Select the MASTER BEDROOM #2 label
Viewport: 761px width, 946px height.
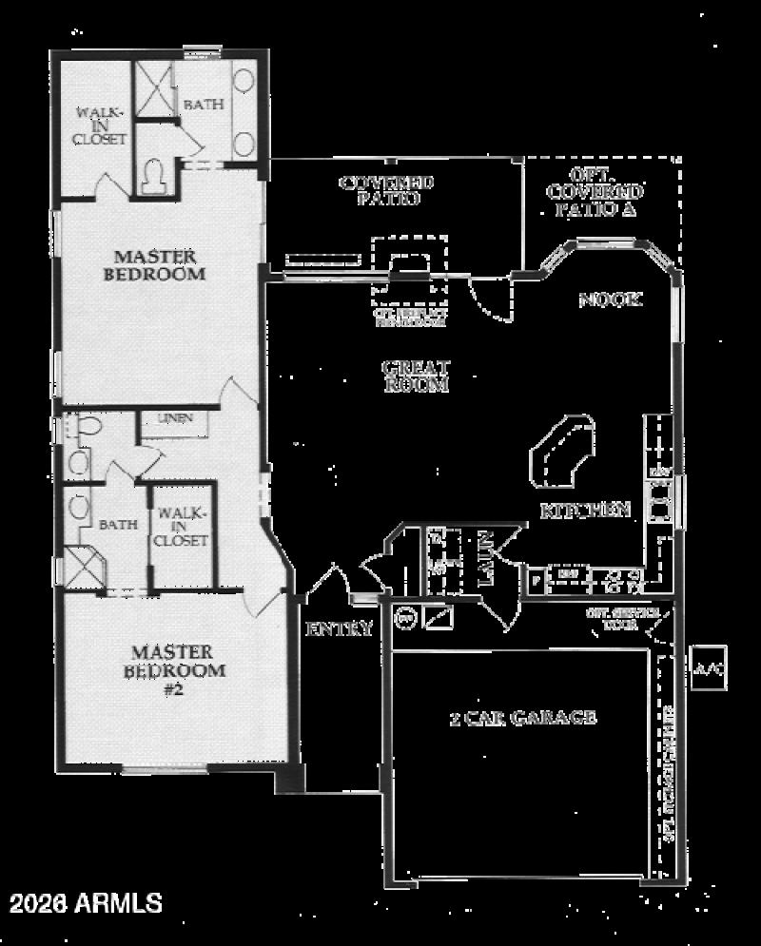[x=172, y=670]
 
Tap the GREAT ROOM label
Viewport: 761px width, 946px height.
[x=415, y=376]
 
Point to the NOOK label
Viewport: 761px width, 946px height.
[x=610, y=299]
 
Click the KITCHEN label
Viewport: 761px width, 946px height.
[x=585, y=510]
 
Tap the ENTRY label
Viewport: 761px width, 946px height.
[x=338, y=628]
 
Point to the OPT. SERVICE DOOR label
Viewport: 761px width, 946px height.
[x=623, y=619]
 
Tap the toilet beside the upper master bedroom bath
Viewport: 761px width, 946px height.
[x=152, y=176]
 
